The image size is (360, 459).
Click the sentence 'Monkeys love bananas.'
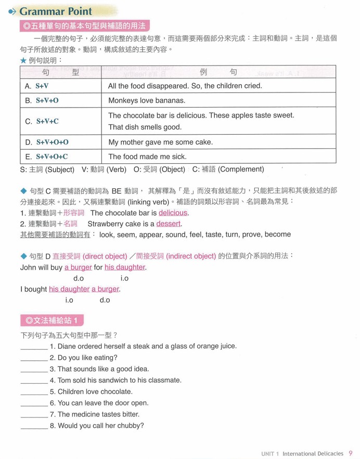pos(146,100)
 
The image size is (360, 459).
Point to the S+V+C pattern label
pos(47,121)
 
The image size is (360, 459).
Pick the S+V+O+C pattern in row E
pos(52,156)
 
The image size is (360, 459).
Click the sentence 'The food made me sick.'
pos(147,156)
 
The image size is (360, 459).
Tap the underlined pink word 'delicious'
pos(173,213)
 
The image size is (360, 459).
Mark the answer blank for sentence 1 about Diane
pos(34,346)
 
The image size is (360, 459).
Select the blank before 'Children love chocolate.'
pos(34,392)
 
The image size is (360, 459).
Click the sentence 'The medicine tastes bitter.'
pos(98,414)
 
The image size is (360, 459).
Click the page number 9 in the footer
pos(351,453)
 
